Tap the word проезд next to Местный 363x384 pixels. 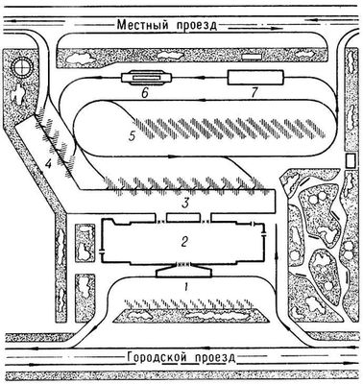(196, 26)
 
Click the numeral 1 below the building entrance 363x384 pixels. (186, 287)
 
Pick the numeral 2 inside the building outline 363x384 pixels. (184, 242)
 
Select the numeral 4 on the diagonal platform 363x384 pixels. (48, 164)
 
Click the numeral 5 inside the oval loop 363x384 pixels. (132, 136)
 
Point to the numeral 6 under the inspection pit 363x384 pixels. (144, 93)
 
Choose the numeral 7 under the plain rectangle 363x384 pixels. (254, 92)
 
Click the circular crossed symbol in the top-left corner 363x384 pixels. (21, 68)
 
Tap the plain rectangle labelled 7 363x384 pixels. (255, 78)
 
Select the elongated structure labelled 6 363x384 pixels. (147, 78)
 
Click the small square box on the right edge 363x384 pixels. (351, 161)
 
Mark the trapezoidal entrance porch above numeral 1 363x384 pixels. (184, 273)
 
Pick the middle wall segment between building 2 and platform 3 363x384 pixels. (185, 218)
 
